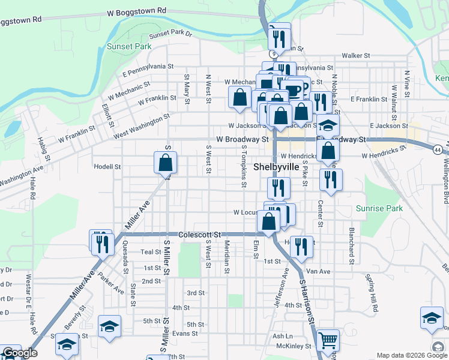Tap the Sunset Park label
coord(128,46)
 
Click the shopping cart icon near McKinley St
coord(327,341)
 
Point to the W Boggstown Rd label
coord(136,11)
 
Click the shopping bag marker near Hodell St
coord(165,162)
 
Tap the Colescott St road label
coord(200,234)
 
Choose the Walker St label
coord(355,55)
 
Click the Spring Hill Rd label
coord(372,292)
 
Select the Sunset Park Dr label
coord(170,34)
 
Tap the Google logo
coord(20,353)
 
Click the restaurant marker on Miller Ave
coord(101,242)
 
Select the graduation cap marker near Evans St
coord(109,326)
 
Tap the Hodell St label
coord(107,167)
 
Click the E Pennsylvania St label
coord(148,70)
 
